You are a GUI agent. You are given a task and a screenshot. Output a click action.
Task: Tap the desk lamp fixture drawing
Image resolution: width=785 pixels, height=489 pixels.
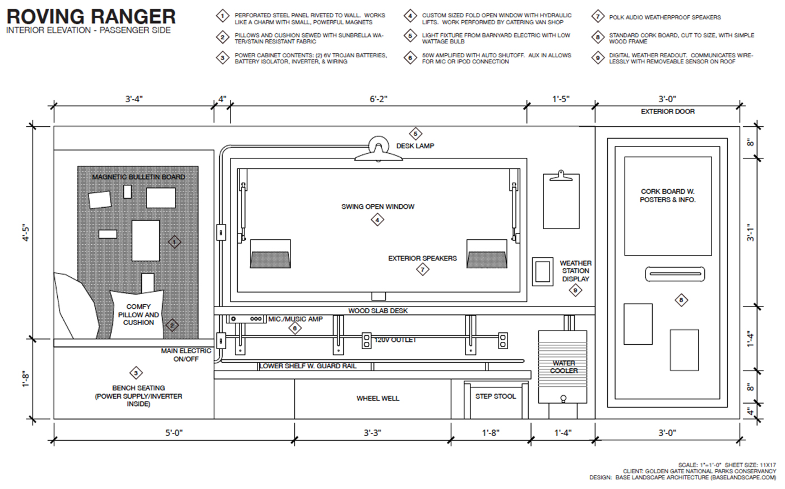378,149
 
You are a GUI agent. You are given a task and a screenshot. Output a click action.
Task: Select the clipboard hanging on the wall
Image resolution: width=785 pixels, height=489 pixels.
561,200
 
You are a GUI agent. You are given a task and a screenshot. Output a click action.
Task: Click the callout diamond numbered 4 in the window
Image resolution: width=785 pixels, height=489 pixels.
377,220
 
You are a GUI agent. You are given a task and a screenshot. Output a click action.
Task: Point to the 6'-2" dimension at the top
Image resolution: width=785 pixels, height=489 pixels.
378,99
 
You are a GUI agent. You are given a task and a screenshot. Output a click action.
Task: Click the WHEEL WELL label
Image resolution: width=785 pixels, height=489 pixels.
377,399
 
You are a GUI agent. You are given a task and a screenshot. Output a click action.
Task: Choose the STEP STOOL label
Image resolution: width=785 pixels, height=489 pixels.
495,396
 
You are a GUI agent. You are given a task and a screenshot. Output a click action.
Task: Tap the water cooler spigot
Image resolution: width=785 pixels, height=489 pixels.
564,399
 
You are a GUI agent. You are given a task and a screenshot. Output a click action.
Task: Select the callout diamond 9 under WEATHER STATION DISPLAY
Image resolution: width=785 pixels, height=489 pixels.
575,290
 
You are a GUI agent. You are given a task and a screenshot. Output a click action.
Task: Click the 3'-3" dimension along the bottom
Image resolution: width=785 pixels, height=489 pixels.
373,433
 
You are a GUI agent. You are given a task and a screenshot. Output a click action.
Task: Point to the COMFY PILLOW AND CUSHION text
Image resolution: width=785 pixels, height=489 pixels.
138,314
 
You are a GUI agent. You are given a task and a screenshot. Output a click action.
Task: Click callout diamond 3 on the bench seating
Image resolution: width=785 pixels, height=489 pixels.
135,373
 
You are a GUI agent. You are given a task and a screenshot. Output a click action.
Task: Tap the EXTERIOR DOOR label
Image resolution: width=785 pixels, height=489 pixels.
667,112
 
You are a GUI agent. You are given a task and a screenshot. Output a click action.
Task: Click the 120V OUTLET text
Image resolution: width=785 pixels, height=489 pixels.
395,340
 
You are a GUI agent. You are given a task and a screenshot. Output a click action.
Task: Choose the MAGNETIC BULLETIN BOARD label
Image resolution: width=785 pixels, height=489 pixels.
138,177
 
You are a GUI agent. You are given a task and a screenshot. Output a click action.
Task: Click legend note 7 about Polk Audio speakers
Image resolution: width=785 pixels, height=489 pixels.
664,17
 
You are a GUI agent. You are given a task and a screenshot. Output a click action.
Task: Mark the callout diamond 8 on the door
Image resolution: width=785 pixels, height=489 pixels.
681,300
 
